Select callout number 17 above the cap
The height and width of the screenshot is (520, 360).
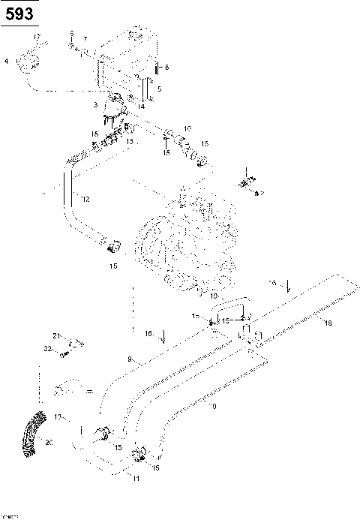36,37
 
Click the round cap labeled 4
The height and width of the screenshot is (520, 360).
31,60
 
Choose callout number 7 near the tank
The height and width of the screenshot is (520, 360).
85,38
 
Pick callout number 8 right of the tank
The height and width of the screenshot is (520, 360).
166,68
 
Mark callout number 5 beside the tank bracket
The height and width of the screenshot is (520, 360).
158,89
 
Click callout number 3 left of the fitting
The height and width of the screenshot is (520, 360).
95,105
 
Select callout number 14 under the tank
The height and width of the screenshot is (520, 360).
141,107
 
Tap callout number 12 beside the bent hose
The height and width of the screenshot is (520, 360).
86,199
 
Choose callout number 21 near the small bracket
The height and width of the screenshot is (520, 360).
55,335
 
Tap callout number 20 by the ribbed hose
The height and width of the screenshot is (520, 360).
49,443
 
